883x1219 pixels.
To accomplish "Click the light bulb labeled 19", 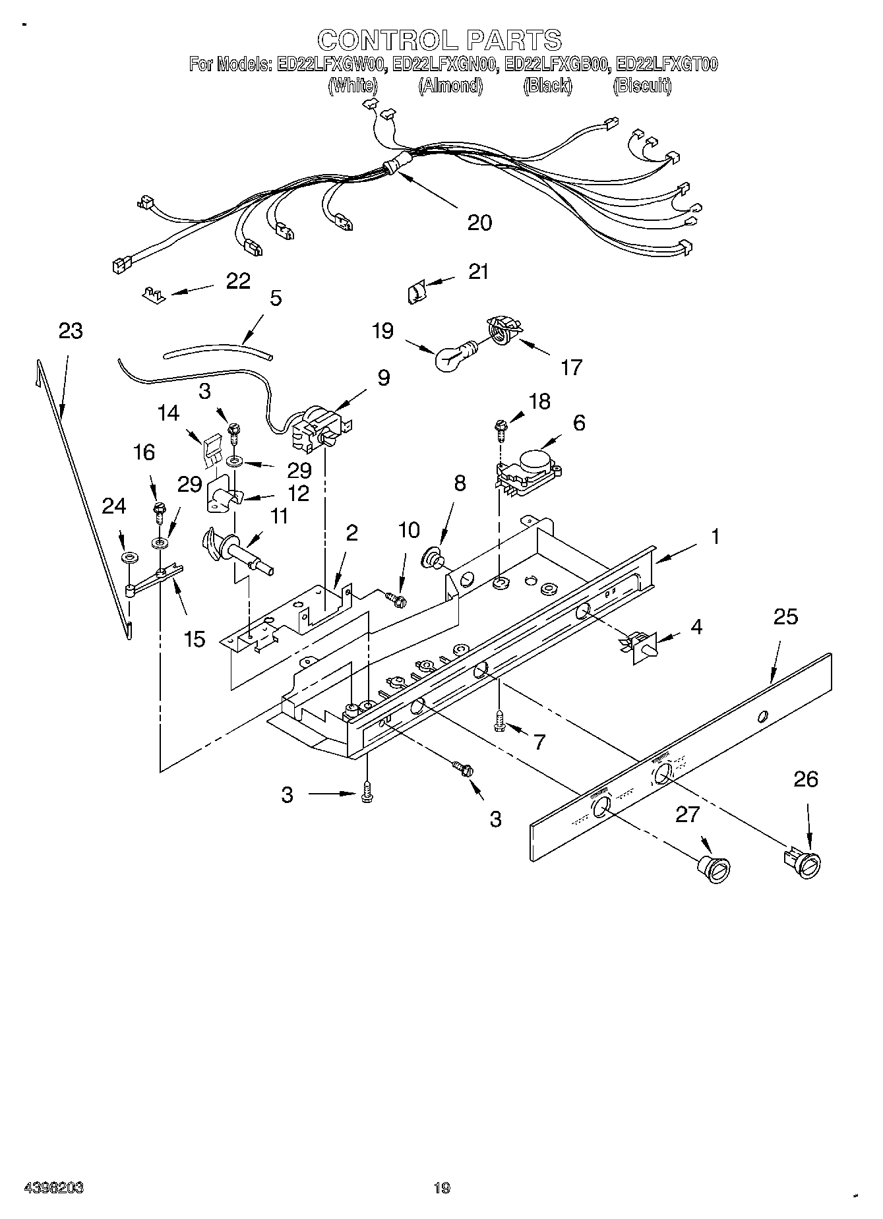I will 451,357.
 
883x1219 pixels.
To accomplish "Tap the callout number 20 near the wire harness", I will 479,223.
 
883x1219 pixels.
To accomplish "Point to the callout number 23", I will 71,330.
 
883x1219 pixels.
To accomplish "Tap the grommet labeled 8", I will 433,556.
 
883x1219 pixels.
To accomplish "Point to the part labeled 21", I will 417,291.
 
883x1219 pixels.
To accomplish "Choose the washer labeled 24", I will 129,558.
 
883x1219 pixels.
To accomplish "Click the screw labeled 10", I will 397,599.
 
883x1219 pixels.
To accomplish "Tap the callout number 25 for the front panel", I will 785,617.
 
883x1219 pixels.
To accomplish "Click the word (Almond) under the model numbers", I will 450,86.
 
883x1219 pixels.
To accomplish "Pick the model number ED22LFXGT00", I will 666,65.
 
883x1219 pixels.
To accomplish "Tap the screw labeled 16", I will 158,509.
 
